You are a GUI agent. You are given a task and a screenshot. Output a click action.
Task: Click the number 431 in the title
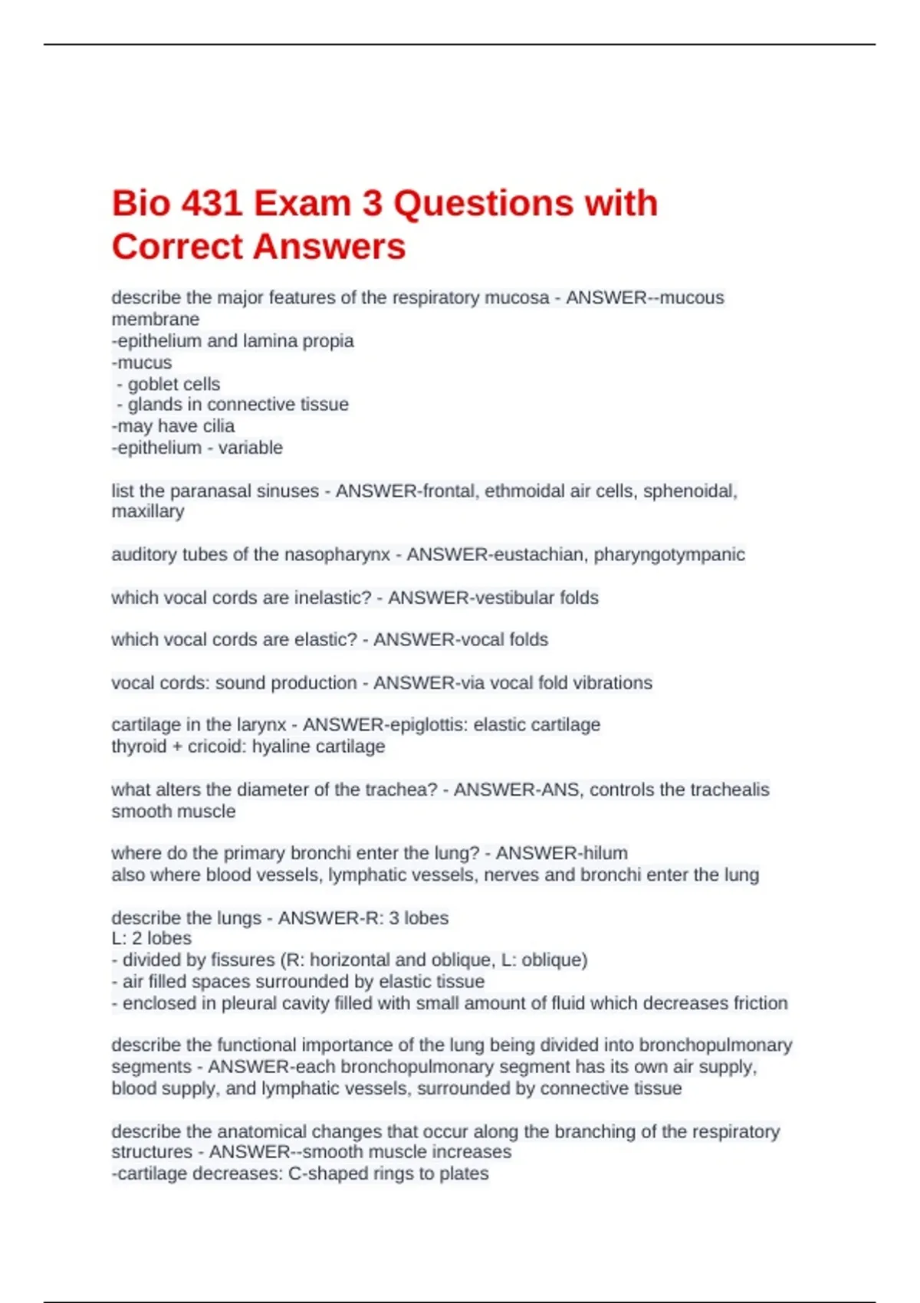209,204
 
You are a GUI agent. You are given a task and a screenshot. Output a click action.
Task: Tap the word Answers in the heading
331,247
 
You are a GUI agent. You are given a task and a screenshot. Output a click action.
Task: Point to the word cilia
219,426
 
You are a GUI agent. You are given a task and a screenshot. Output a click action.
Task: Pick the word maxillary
148,511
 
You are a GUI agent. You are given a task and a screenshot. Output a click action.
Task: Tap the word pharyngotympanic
669,554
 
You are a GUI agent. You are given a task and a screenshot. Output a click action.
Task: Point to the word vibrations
606,683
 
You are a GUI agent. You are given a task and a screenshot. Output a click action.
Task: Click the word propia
330,341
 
